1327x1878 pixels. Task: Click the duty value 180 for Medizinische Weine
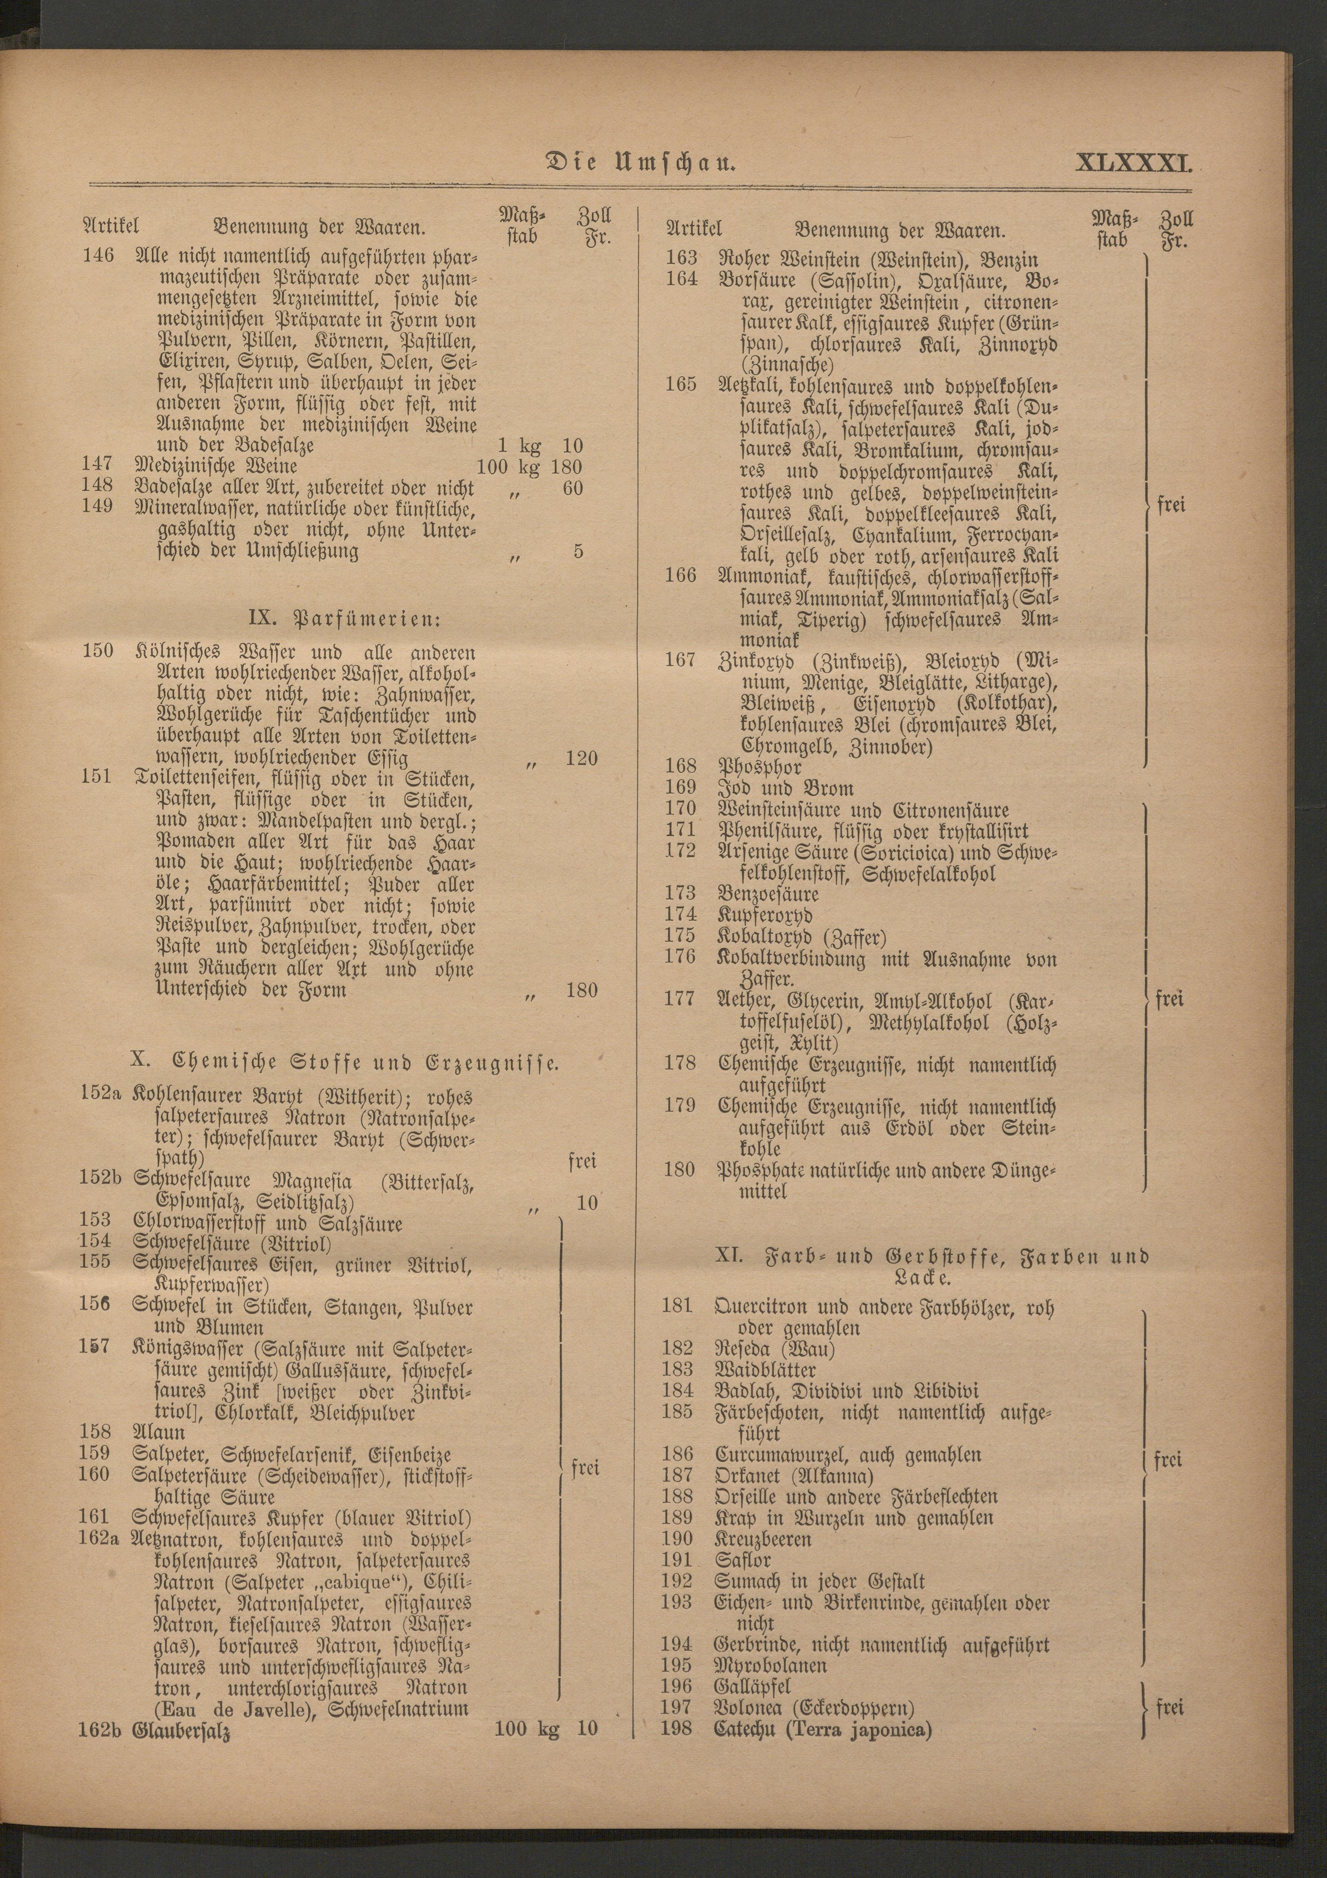pyautogui.click(x=567, y=466)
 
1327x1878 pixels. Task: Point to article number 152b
pyautogui.click(x=100, y=1181)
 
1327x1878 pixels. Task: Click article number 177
pyautogui.click(x=680, y=1000)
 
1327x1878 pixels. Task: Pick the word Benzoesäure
pyautogui.click(x=768, y=892)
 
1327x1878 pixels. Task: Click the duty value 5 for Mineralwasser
pyautogui.click(x=578, y=551)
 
